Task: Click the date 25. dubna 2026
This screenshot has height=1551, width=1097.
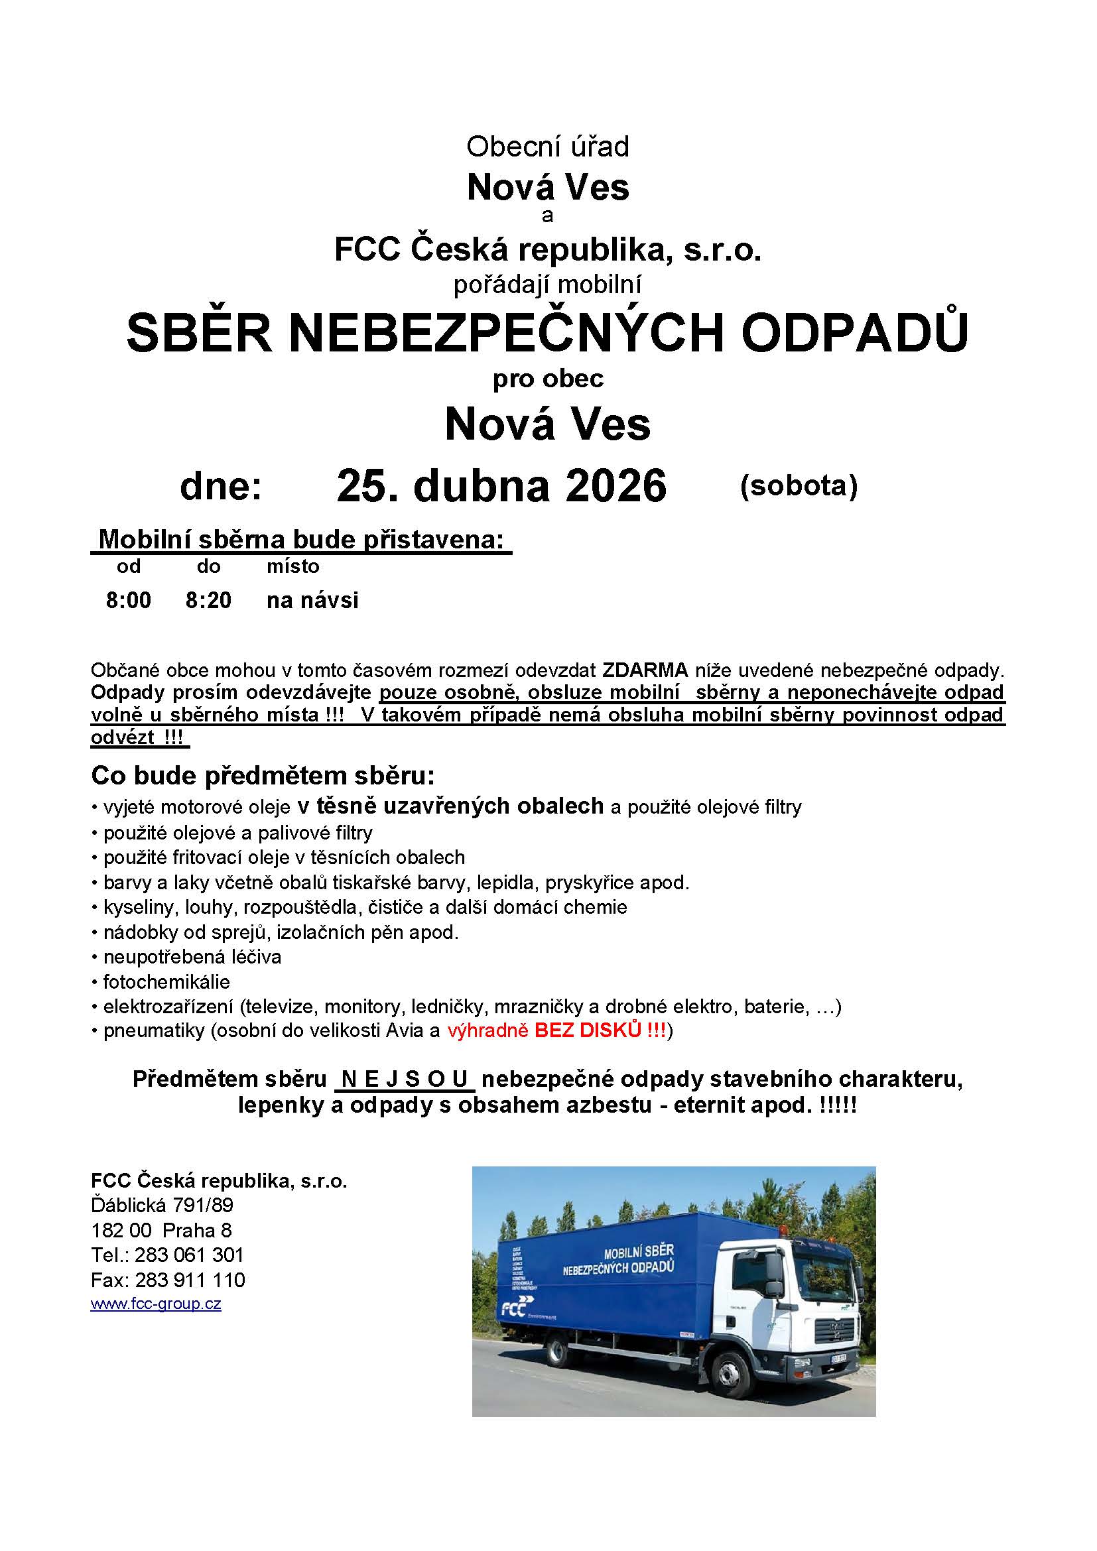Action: click(501, 485)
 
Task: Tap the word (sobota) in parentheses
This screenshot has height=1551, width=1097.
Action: click(799, 485)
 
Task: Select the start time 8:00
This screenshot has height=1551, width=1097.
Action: click(129, 600)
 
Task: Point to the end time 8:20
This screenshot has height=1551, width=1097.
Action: click(208, 600)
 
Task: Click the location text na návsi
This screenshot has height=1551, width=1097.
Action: click(312, 600)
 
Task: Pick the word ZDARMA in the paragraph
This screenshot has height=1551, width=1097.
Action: click(645, 670)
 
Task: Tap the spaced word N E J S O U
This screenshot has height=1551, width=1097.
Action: click(405, 1080)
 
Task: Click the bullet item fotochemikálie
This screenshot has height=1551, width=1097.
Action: click(166, 981)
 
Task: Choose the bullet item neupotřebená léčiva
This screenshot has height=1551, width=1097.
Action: click(192, 957)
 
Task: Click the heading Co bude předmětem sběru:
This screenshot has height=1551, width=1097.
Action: click(263, 776)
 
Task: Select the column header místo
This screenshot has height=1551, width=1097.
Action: click(292, 566)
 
